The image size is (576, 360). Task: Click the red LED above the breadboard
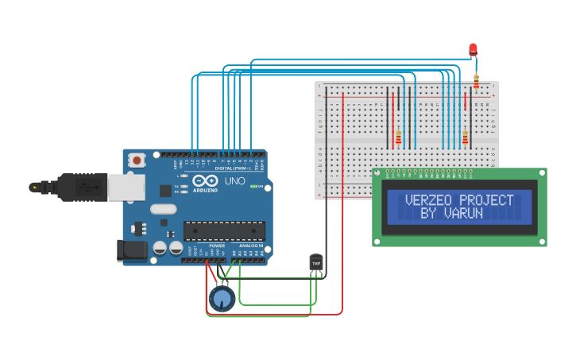[474, 49]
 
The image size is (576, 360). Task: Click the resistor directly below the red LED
[476, 80]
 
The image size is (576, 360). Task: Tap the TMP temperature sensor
[316, 262]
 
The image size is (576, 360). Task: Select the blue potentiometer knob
[222, 299]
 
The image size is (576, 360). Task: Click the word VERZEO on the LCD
[429, 200]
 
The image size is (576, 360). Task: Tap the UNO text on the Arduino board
[235, 182]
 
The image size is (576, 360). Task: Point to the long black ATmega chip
[224, 230]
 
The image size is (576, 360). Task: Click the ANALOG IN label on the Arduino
[251, 246]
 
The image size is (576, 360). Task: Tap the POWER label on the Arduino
[217, 246]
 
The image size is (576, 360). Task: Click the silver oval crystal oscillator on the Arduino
[162, 210]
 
